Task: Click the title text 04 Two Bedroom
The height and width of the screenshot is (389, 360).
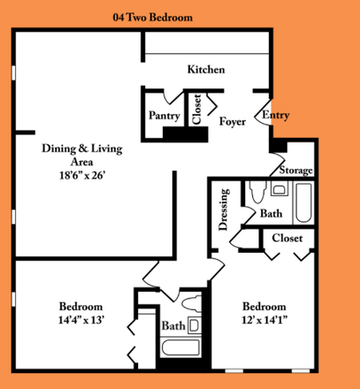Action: [152, 17]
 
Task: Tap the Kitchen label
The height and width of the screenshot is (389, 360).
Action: [206, 69]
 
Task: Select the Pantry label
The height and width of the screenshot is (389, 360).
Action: [164, 115]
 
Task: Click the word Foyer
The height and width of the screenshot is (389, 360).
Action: [232, 122]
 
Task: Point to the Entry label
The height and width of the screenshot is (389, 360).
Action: [275, 115]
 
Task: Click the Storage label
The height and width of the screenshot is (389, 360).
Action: [295, 170]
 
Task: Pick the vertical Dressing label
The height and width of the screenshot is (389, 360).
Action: [224, 210]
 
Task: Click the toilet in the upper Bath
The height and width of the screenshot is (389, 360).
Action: [257, 193]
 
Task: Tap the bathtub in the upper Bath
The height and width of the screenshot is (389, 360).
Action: [304, 202]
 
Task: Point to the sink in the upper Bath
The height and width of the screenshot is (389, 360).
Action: [279, 188]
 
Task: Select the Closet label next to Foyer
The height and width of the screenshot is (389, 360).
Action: [195, 111]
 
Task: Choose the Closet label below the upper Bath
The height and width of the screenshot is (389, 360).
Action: [287, 238]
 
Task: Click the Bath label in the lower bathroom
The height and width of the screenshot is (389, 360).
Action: [172, 326]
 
